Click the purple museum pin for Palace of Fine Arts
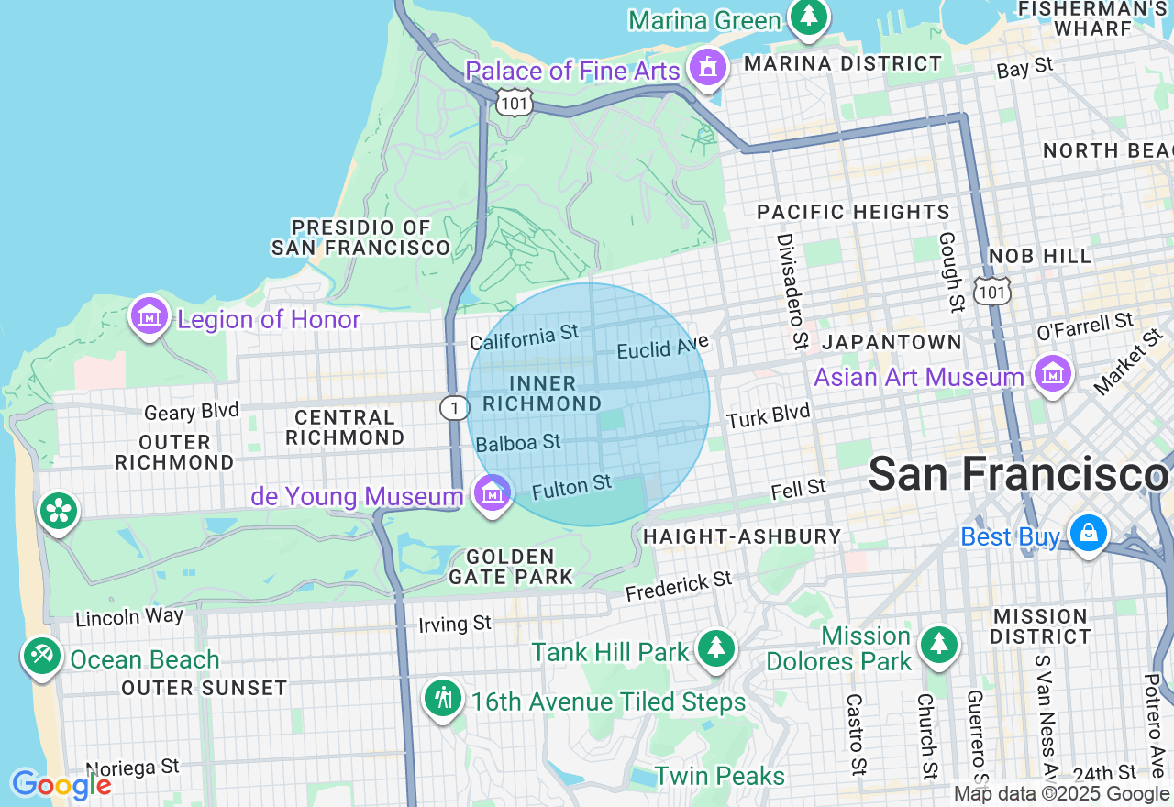coord(707,68)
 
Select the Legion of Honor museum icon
coord(149,316)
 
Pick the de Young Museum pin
coord(493,493)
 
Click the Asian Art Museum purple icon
coord(1053,374)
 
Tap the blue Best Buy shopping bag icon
coord(1088,534)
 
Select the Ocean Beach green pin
coord(42,657)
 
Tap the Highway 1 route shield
coord(454,407)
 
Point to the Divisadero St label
coord(791,291)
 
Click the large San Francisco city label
coord(1018,474)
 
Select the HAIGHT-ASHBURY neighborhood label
coord(742,536)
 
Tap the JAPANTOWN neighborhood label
coord(892,343)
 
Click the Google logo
coord(61,785)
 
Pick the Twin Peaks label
coord(720,776)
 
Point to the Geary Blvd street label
coord(191,411)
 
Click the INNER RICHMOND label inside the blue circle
coord(542,393)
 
